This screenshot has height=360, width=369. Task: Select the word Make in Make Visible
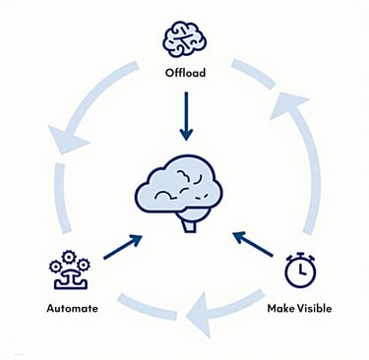click(x=283, y=308)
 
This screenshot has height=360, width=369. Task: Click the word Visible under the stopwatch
click(x=316, y=308)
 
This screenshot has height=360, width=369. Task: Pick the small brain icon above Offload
click(x=184, y=40)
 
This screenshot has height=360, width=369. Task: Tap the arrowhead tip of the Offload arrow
click(x=184, y=137)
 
